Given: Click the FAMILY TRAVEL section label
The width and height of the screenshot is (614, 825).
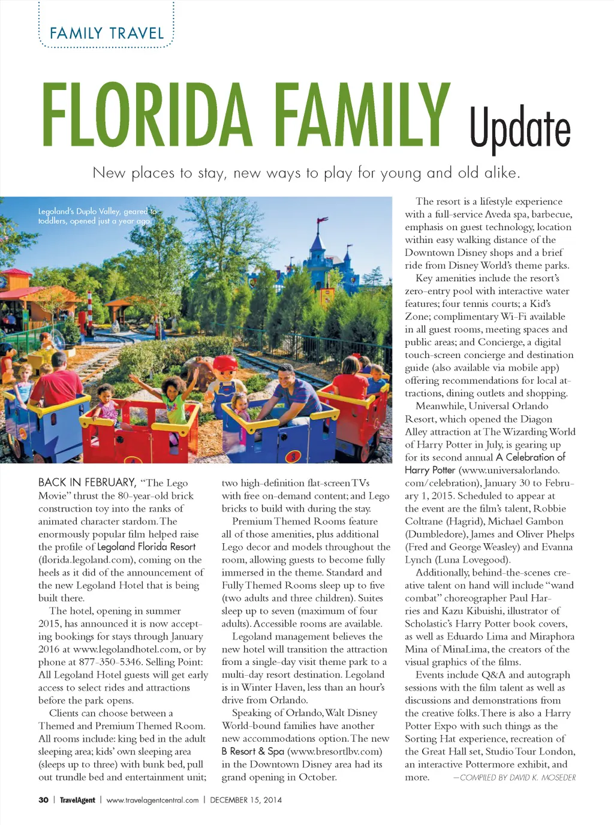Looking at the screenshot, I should tap(107, 34).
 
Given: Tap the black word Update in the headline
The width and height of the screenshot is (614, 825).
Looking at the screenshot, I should tap(519, 128).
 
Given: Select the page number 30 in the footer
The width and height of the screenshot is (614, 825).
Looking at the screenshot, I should tap(43, 800).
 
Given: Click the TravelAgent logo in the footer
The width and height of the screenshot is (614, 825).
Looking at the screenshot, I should tap(77, 800).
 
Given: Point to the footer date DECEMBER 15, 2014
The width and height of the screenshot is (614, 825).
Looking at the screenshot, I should tap(246, 800).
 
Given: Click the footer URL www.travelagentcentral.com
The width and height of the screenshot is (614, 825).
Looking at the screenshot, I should tap(152, 800).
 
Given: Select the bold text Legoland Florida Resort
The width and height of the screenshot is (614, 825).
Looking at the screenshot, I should tap(146, 547).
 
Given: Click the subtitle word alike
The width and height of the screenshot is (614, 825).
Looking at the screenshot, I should tap(502, 173).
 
